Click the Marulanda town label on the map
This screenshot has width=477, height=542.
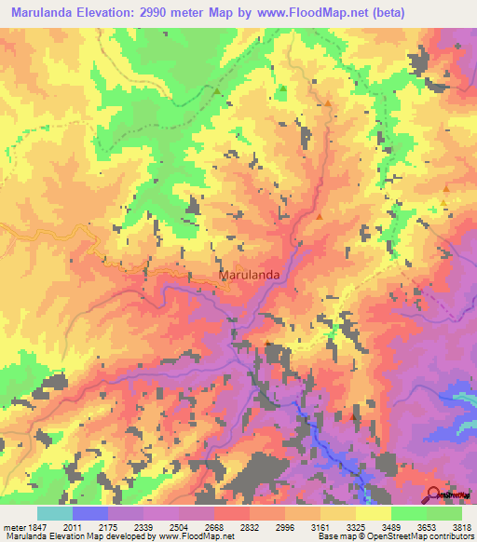coord(250,276)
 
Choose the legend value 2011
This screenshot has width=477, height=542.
coord(85,528)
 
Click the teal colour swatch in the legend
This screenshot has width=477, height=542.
coord(54,513)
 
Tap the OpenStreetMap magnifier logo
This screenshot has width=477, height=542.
coord(434,495)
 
